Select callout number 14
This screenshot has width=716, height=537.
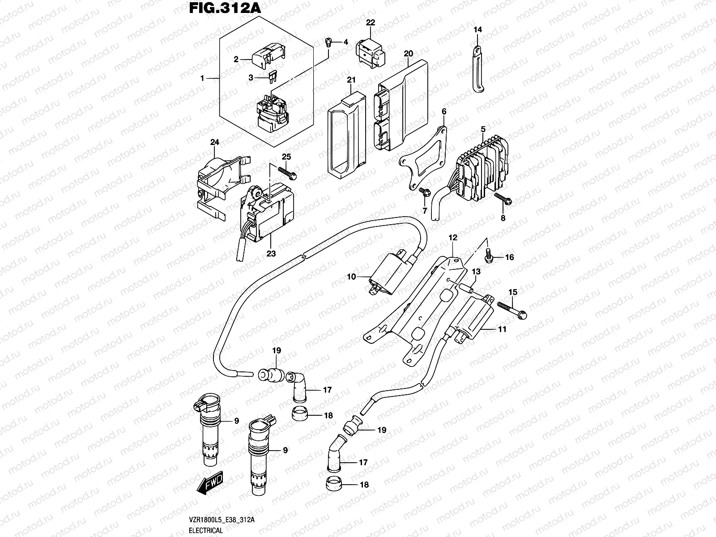[x=478, y=30]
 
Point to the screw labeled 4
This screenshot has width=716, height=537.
[x=328, y=43]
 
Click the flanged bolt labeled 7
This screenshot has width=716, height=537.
[x=425, y=193]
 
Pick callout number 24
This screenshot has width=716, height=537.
[x=214, y=143]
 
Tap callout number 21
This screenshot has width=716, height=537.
[x=363, y=80]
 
